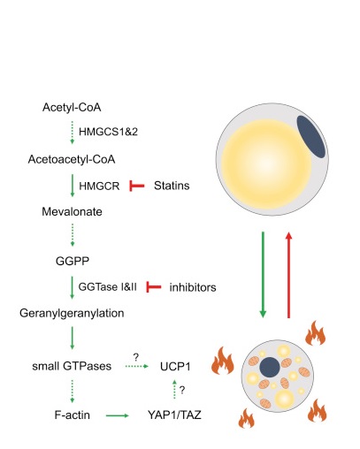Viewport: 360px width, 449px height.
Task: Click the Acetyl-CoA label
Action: click(x=72, y=107)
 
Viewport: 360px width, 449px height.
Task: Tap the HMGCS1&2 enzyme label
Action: click(x=108, y=132)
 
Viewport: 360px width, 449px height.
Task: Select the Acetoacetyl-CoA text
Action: click(x=72, y=159)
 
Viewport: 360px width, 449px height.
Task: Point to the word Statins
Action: click(x=172, y=186)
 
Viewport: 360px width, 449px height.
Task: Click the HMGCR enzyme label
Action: click(x=99, y=186)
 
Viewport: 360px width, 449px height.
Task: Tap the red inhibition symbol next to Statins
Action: click(x=137, y=186)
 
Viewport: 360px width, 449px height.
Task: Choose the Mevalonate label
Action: click(x=72, y=211)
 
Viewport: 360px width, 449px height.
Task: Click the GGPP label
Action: click(x=73, y=261)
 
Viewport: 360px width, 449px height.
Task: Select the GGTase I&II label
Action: click(x=108, y=287)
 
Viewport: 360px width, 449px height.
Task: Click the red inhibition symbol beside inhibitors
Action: click(x=154, y=287)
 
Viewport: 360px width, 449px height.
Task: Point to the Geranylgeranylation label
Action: click(x=72, y=313)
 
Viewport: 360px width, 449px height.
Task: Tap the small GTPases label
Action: click(x=72, y=366)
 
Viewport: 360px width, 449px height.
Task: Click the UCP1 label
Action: click(x=175, y=366)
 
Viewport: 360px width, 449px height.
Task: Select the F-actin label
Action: click(x=73, y=415)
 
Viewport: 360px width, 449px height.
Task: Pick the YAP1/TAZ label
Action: click(x=174, y=415)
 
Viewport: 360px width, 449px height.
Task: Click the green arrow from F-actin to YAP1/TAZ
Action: click(x=118, y=415)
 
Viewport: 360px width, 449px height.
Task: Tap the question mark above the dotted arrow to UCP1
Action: click(x=135, y=357)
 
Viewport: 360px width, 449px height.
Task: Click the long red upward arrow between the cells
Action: click(x=289, y=275)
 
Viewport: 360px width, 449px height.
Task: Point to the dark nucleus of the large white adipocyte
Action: click(x=311, y=136)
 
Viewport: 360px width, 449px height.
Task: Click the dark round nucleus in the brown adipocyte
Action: click(x=270, y=367)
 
